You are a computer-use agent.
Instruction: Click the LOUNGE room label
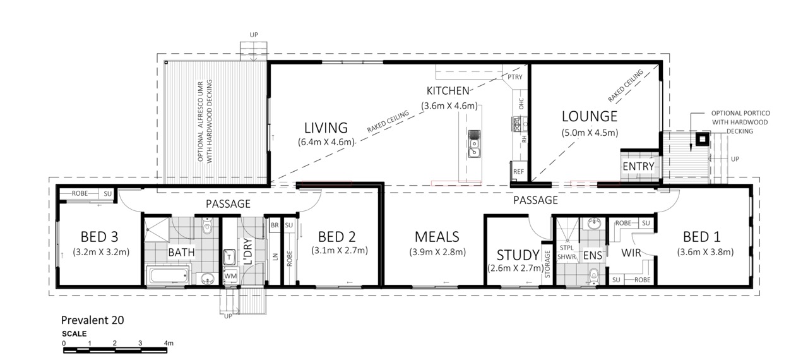tap(590, 116)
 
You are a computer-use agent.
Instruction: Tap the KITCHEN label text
tap(448, 91)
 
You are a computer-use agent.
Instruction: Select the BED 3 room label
tap(99, 237)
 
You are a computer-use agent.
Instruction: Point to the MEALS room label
tap(437, 237)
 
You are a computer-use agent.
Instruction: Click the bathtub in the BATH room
tap(169, 276)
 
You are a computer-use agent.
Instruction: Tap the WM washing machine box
tap(230, 276)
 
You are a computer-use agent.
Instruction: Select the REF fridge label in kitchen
tap(518, 172)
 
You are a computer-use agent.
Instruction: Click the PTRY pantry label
tap(514, 77)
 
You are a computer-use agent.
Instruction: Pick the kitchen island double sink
tap(474, 144)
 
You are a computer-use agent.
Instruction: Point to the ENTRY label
tap(638, 166)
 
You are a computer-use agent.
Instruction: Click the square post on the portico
tap(703, 139)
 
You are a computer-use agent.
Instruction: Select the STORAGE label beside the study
tap(547, 265)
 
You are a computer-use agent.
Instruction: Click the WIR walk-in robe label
tap(631, 253)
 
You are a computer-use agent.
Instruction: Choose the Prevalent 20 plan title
tap(92, 320)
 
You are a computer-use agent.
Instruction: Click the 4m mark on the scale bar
tap(169, 343)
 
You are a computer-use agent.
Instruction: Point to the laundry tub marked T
tap(229, 257)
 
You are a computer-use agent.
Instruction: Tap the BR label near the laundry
tap(275, 225)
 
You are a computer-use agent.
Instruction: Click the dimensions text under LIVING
tap(326, 142)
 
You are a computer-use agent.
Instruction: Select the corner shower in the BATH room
tap(157, 230)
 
